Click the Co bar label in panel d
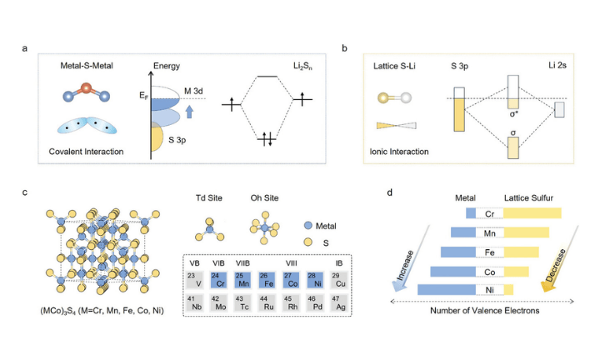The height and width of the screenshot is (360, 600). tap(488, 271)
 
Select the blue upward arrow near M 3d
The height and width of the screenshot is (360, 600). tap(189, 110)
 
